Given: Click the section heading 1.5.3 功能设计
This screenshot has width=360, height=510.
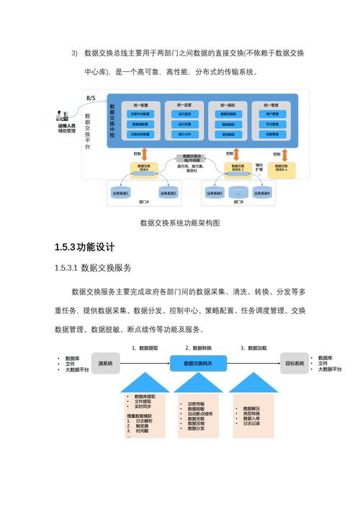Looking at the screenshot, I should [x=85, y=248].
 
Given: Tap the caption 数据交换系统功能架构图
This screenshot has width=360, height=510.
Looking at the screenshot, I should [x=179, y=223].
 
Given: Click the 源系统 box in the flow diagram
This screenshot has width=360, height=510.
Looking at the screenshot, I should [x=105, y=364].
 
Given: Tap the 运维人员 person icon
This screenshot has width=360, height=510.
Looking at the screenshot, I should [x=63, y=115].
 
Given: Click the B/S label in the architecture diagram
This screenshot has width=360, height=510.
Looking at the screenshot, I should [x=91, y=97].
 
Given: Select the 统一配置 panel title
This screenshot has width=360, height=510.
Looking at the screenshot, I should [x=140, y=105].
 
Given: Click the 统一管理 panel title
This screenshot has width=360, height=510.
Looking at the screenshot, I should [x=271, y=105].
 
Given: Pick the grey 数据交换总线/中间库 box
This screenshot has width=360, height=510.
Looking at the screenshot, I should [x=192, y=158].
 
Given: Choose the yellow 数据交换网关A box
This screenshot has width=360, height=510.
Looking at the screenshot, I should [x=143, y=168].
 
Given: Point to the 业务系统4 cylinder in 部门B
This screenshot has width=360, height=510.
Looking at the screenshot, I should [x=263, y=193].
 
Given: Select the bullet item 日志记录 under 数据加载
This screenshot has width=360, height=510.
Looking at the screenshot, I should [x=251, y=424].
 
